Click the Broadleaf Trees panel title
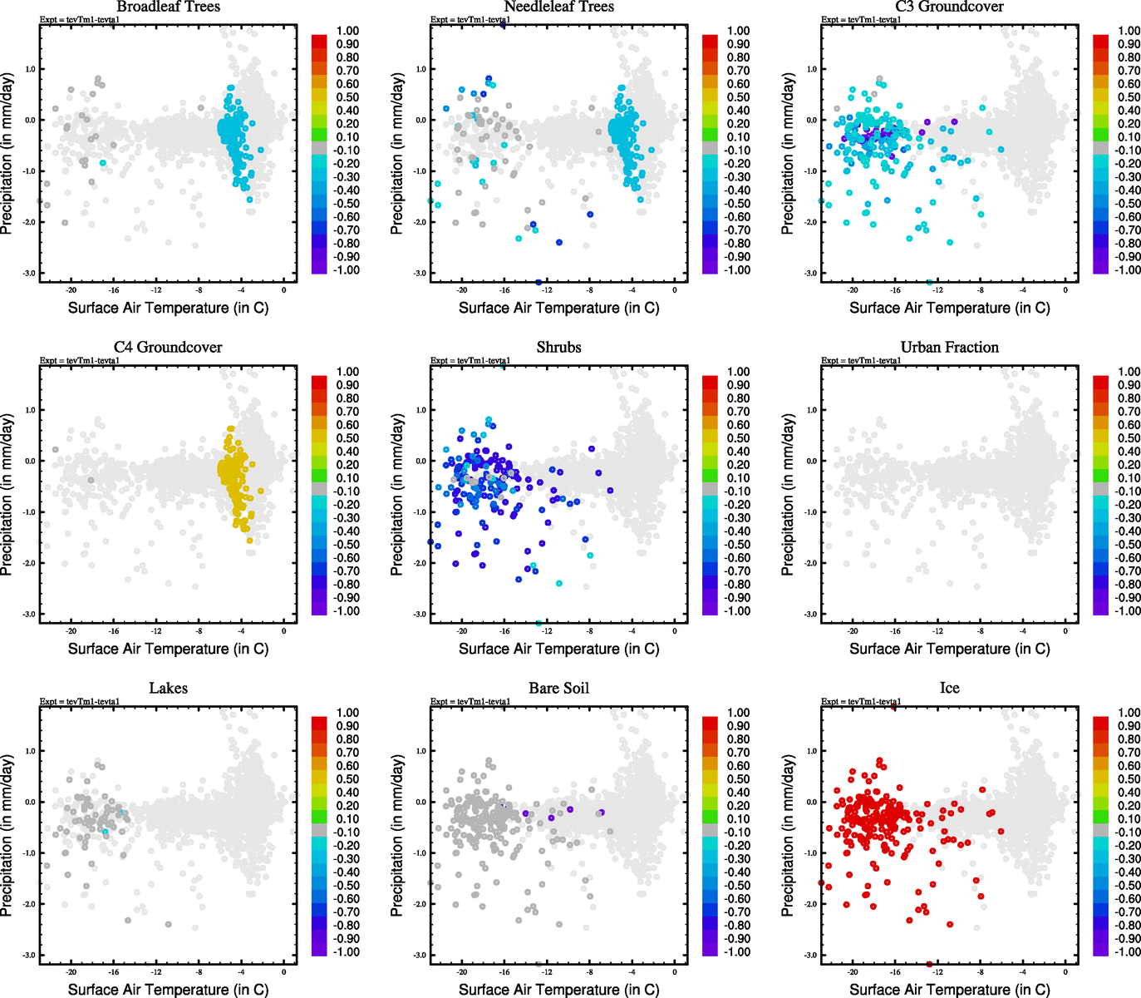pyautogui.click(x=168, y=7)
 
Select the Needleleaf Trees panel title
pyautogui.click(x=558, y=7)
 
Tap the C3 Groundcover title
pyautogui.click(x=949, y=7)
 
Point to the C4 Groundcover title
pyautogui.click(x=168, y=348)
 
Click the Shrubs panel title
pyautogui.click(x=558, y=348)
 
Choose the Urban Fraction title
pyautogui.click(x=949, y=348)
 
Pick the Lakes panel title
pyautogui.click(x=168, y=689)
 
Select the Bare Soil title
pyautogui.click(x=558, y=689)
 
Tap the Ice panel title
pyautogui.click(x=949, y=689)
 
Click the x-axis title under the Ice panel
pyautogui.click(x=949, y=990)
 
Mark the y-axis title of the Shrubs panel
pyautogui.click(x=397, y=495)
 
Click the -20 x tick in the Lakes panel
pyautogui.click(x=71, y=971)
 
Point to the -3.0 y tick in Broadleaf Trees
pyautogui.click(x=29, y=274)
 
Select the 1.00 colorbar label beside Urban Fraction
pyautogui.click(x=1128, y=372)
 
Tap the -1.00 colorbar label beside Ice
pyautogui.click(x=1126, y=952)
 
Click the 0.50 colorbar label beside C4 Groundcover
pyautogui.click(x=347, y=438)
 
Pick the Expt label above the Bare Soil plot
pyautogui.click(x=470, y=702)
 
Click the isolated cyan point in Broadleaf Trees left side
pyautogui.click(x=103, y=163)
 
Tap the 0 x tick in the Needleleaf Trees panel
pyautogui.click(x=675, y=290)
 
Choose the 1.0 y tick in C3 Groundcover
pyautogui.click(x=811, y=69)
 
